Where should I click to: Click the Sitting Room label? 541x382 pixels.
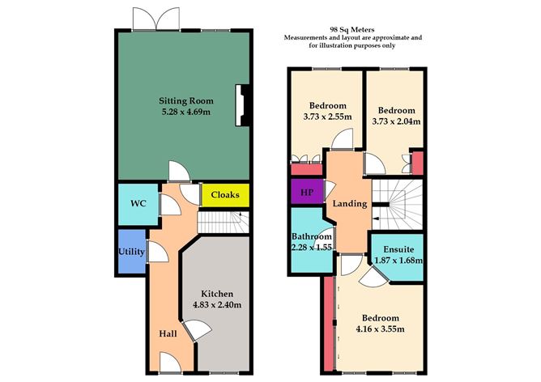184,100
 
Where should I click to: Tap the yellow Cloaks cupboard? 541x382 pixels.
224,195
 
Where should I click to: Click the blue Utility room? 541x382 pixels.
131,252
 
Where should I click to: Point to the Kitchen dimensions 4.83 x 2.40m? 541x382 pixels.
217,305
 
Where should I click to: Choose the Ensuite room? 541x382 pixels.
397,254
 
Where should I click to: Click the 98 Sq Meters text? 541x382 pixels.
353,29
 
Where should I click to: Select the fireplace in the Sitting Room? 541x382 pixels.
240,106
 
